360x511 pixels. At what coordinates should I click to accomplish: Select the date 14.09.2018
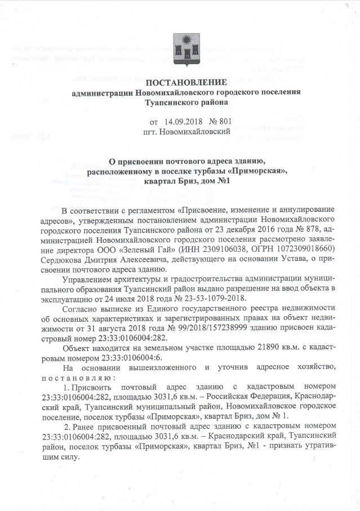click(x=183, y=122)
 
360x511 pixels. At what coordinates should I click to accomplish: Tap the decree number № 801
click(x=220, y=122)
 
